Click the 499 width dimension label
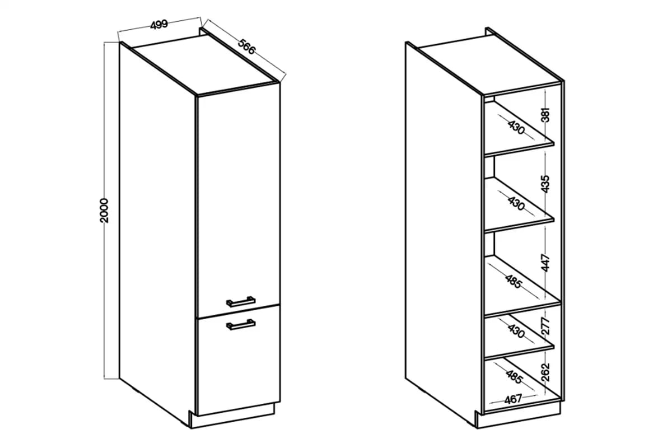pos(159,25)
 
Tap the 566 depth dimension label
pos(246,47)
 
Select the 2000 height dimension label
pos(104,211)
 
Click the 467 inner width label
pos(514,399)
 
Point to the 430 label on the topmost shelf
pos(516,127)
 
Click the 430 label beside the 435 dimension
pos(516,203)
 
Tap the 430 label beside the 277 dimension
pos(516,330)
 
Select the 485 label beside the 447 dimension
pos(514,282)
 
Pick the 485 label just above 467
pos(514,377)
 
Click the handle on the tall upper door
pos(241,302)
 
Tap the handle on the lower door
pos(241,324)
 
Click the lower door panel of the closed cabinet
pos(239,360)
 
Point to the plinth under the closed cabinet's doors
pos(232,416)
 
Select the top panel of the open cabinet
pos(489,64)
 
